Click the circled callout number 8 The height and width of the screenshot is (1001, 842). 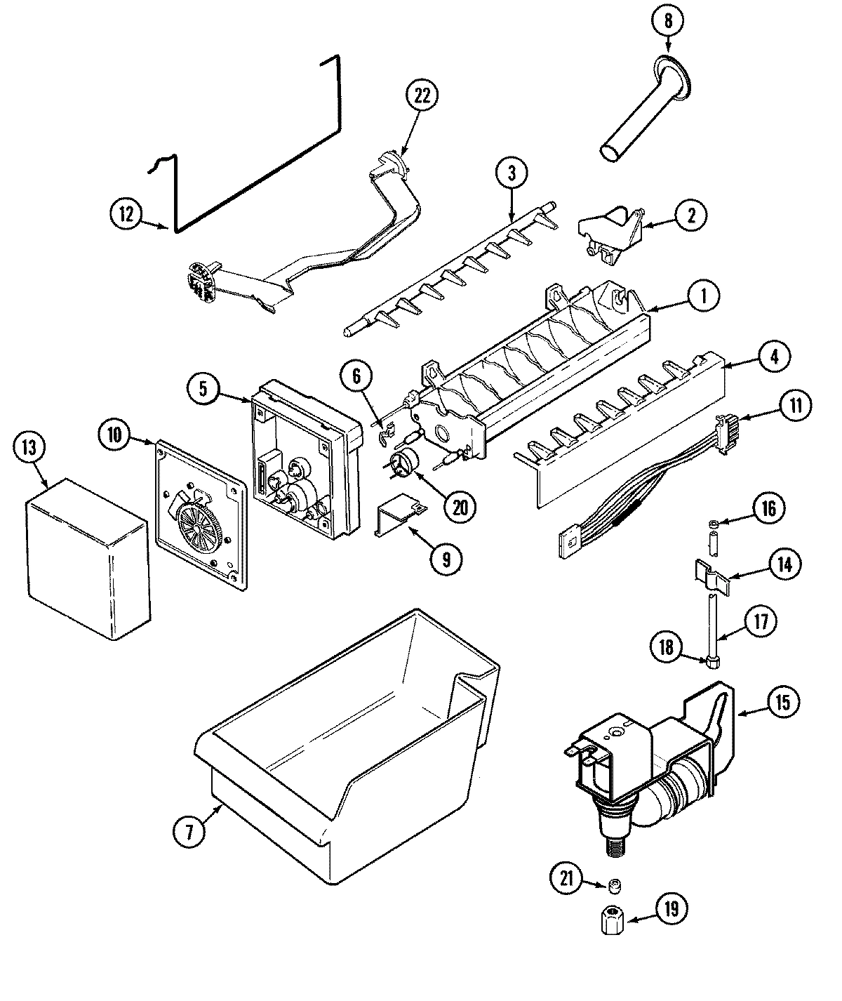click(667, 21)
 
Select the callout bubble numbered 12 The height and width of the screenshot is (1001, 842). click(126, 214)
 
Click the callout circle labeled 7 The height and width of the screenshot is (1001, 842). click(190, 830)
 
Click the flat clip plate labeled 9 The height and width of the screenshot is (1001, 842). click(399, 516)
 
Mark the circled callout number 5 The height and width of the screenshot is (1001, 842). click(202, 390)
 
